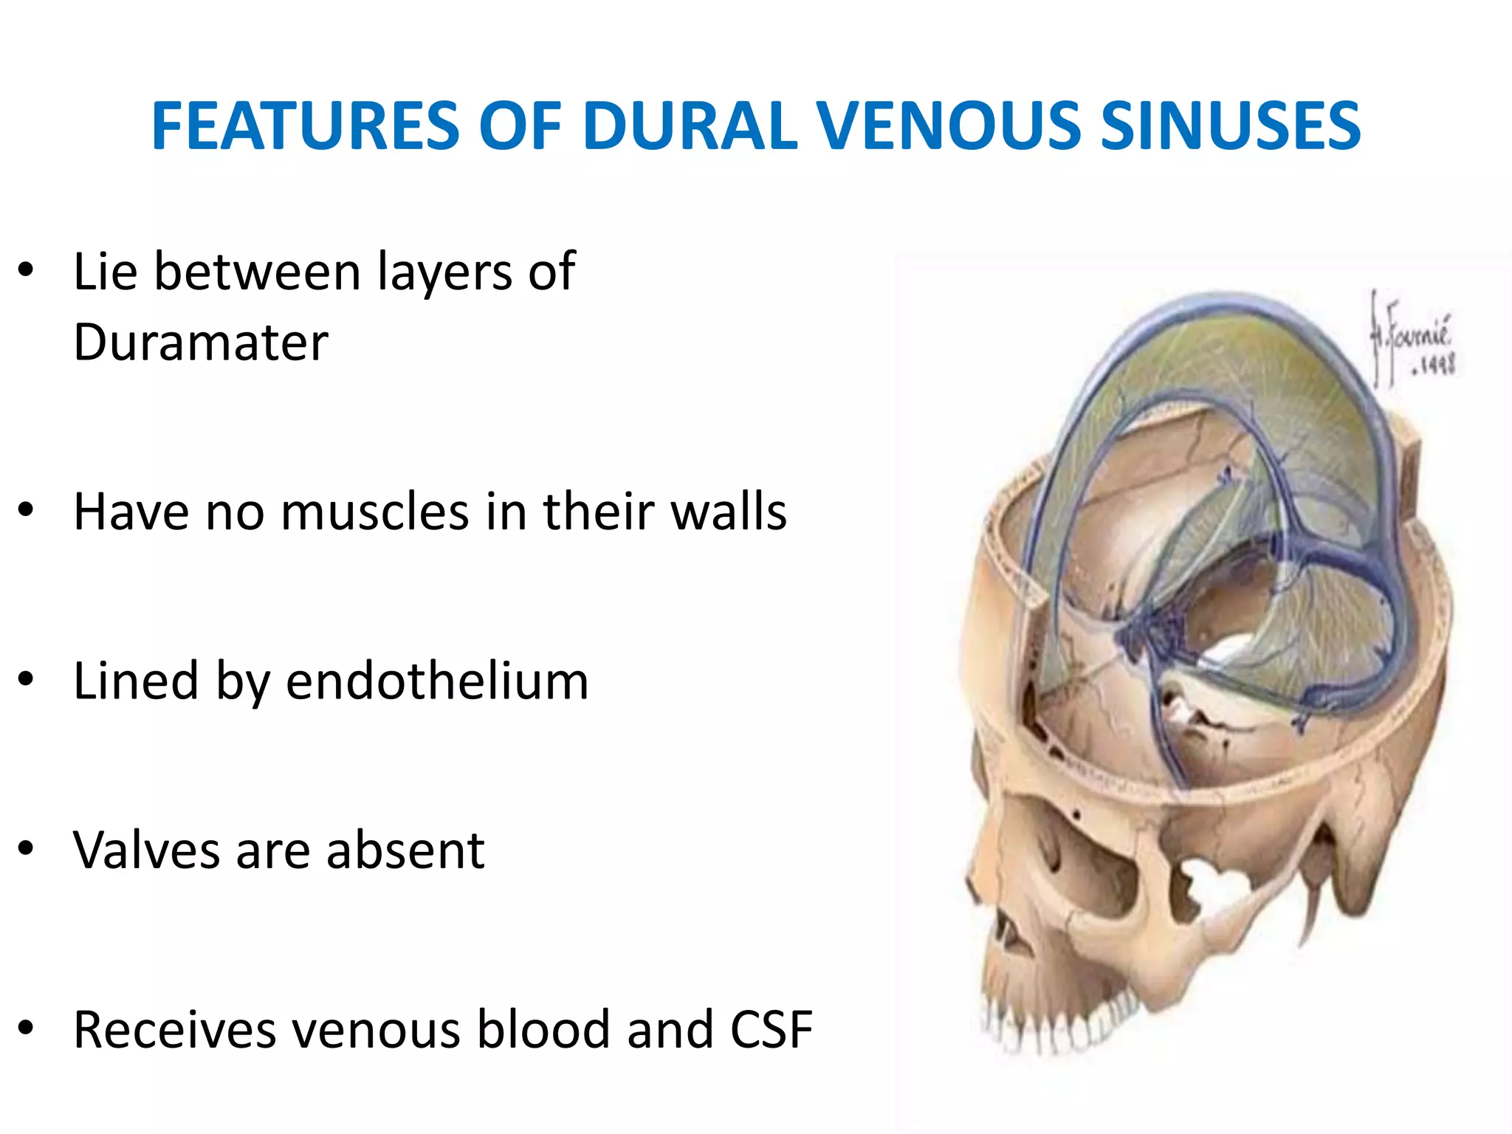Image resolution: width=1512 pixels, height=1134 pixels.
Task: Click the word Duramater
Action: coord(201,343)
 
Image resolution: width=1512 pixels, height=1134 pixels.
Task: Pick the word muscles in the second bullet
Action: coord(375,512)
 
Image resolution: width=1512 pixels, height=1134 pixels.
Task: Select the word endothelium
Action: coord(437,681)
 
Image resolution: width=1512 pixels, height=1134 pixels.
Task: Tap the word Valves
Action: coord(146,850)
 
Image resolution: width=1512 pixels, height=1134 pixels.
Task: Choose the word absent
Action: coord(405,850)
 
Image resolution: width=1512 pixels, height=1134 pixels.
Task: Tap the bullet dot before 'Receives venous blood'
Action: coord(27,1028)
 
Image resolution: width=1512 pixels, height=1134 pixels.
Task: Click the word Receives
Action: coord(174,1029)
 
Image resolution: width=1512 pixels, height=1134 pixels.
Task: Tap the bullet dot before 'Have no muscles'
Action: coord(27,509)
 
